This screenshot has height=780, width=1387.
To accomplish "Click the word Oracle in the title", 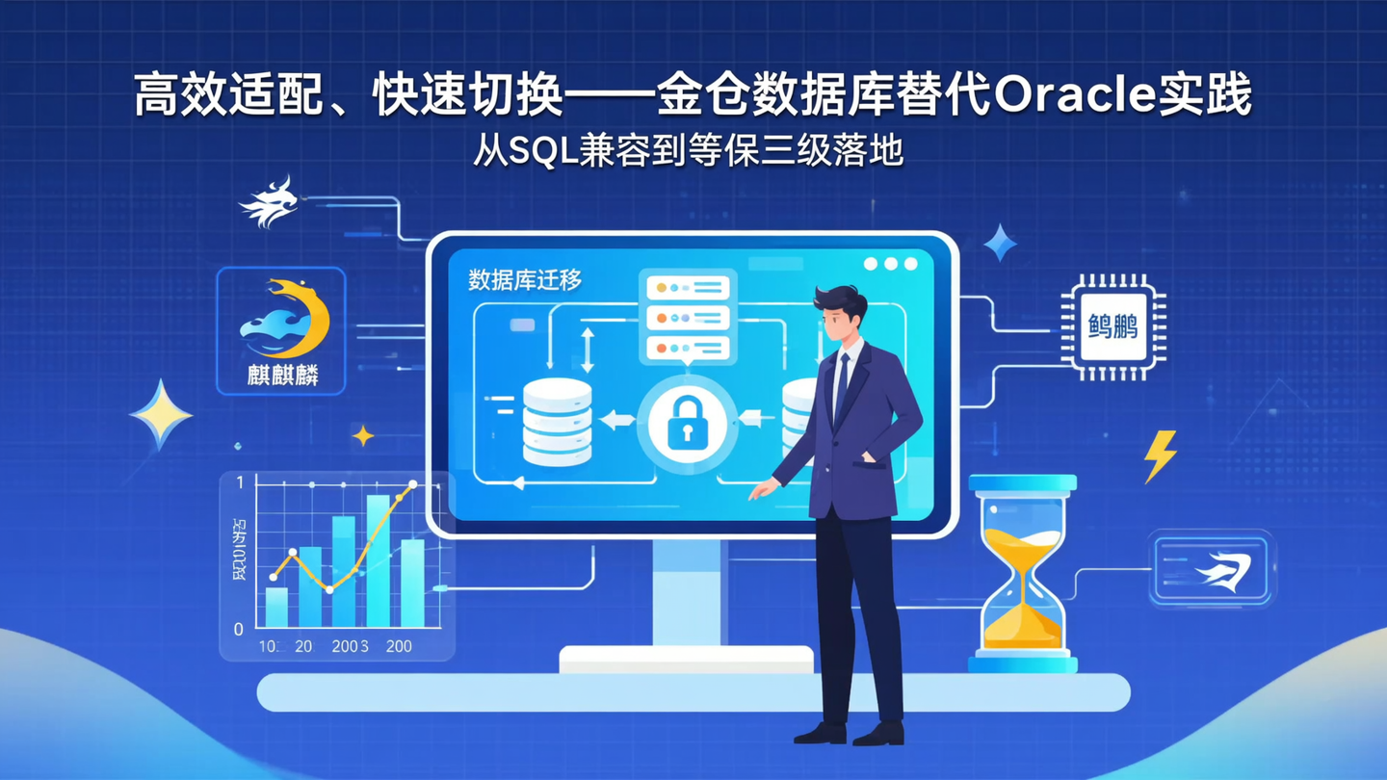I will tap(1056, 96).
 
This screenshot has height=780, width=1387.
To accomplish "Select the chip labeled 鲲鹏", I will tap(1112, 327).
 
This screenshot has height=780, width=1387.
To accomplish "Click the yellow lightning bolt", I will tap(1161, 455).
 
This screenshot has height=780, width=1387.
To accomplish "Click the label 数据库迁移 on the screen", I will tap(525, 280).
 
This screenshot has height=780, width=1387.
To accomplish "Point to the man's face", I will tap(841, 323).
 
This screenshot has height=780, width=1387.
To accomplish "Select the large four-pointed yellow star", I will tap(160, 414).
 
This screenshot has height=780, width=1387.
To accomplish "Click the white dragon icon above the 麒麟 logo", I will tap(270, 202).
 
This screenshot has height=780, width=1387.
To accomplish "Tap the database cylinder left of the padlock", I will tap(557, 422).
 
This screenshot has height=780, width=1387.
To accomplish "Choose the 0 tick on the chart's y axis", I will tap(239, 629).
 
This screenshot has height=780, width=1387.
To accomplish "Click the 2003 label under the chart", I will tap(350, 646).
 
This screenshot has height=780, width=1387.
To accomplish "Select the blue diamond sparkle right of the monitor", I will tap(999, 243).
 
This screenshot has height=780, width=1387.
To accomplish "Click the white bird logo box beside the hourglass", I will tap(1212, 570).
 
